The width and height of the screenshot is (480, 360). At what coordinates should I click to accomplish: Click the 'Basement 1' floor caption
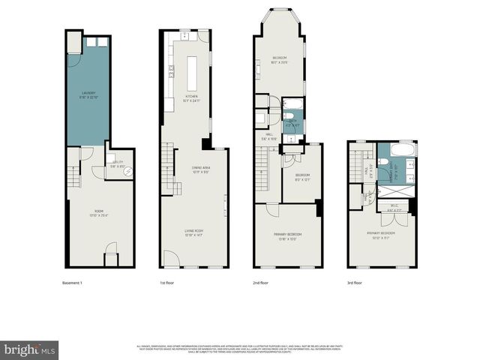(x=72, y=283)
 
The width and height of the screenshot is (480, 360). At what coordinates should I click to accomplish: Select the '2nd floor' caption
(x=261, y=283)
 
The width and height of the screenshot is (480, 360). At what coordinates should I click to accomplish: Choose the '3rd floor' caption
(x=355, y=283)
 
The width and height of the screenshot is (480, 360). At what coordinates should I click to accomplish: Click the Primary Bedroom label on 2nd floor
(x=287, y=237)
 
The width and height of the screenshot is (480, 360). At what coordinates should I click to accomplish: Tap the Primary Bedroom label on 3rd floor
(x=381, y=234)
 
